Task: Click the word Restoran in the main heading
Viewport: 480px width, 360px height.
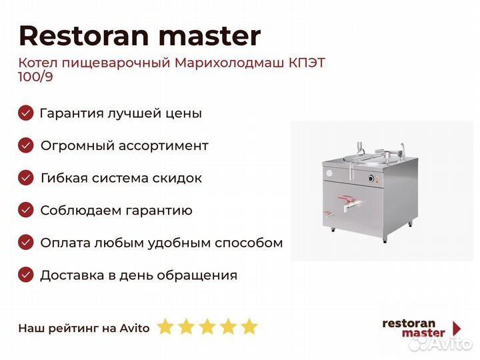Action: pos(84,35)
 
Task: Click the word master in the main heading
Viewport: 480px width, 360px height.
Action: pos(210,35)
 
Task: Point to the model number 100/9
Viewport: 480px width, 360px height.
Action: pos(35,77)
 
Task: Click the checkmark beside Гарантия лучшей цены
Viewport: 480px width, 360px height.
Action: pos(26,113)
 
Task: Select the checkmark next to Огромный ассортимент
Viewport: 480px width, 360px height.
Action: pos(26,145)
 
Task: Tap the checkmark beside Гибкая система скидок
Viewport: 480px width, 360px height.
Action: pos(26,178)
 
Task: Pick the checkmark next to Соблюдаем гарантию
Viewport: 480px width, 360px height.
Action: pos(26,210)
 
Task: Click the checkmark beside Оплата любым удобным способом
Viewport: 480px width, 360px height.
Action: pos(26,243)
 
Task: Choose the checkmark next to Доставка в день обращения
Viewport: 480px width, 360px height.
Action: pos(26,275)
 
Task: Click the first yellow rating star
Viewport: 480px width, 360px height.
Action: pos(165,326)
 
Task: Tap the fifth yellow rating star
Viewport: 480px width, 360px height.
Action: pos(249,326)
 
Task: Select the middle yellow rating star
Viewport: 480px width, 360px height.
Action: pos(207,326)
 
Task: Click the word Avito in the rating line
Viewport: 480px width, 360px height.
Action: pos(135,328)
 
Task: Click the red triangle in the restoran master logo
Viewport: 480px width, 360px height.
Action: pos(457,328)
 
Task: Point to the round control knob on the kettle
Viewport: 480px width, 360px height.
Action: pos(371,178)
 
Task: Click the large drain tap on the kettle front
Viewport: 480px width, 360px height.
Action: pos(349,203)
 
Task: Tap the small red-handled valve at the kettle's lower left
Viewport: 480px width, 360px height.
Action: pos(329,214)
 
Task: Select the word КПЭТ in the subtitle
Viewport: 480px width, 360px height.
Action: pos(307,63)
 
